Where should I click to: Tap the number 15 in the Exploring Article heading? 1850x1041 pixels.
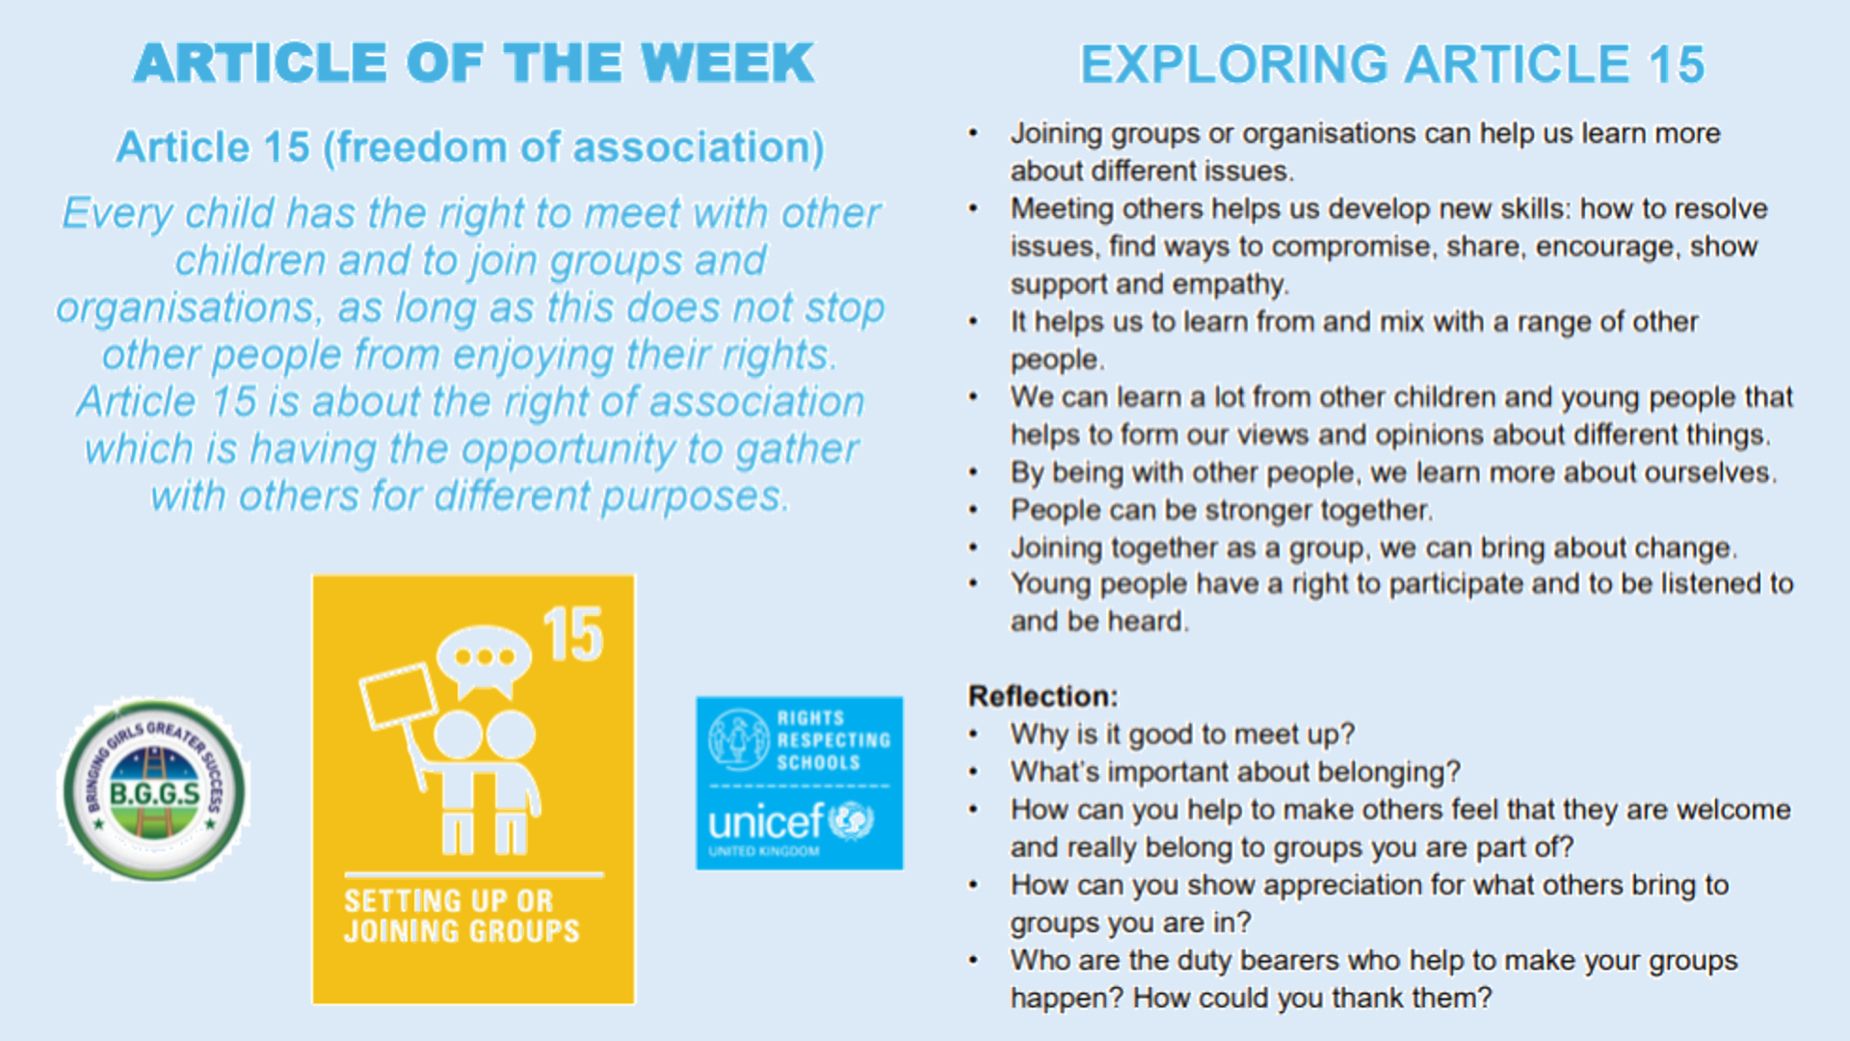(x=1677, y=65)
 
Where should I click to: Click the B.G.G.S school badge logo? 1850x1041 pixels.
(x=154, y=789)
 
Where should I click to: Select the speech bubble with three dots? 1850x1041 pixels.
(x=484, y=659)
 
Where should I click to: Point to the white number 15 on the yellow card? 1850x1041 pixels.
(x=573, y=635)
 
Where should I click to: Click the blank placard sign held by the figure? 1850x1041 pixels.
(x=397, y=695)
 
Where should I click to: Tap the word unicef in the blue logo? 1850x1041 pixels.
(x=766, y=822)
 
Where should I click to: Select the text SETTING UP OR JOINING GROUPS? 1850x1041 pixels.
(x=462, y=916)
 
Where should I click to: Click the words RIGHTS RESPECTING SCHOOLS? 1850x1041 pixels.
(x=833, y=740)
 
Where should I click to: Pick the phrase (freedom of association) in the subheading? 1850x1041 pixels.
(x=574, y=147)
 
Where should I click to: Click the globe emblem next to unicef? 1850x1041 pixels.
(x=851, y=820)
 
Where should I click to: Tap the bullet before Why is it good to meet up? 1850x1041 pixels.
(x=973, y=734)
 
